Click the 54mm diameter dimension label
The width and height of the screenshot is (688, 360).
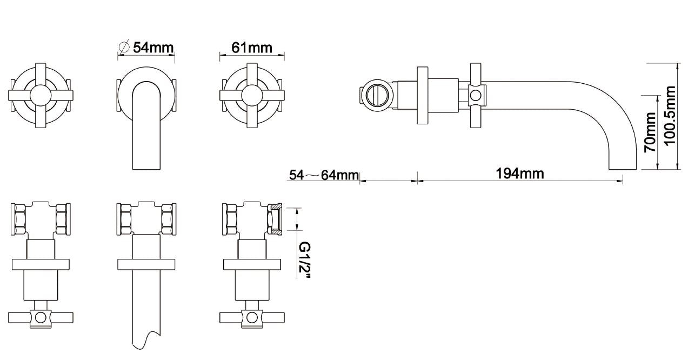point(153,47)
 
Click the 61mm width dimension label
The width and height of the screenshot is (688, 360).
point(252,47)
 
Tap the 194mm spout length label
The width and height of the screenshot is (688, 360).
point(520,174)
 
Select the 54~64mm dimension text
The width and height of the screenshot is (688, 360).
point(324,175)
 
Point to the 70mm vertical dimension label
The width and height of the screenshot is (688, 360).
point(650,132)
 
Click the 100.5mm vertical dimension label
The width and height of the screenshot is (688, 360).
point(670,116)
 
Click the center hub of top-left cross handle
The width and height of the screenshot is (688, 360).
point(41,96)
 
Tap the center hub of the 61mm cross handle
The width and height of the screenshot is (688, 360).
point(252,96)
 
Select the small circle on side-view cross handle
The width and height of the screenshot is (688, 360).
point(476,96)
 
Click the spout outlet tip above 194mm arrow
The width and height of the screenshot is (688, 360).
point(616,168)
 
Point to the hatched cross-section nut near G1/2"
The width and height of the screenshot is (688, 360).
point(275,218)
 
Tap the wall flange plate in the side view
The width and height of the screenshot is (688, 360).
point(423,96)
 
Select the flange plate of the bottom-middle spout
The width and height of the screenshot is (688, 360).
point(146,264)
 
